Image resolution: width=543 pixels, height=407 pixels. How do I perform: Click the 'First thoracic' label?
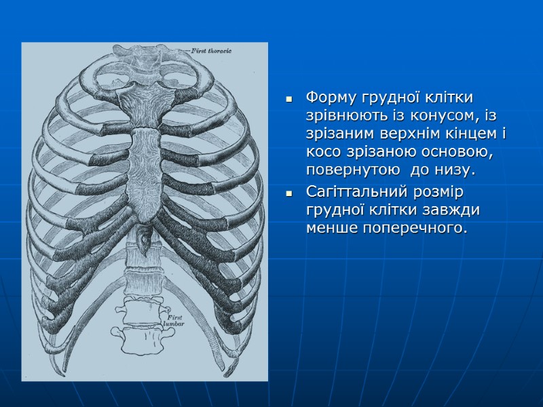[212, 51]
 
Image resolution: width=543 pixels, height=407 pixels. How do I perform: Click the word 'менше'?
[329, 229]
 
